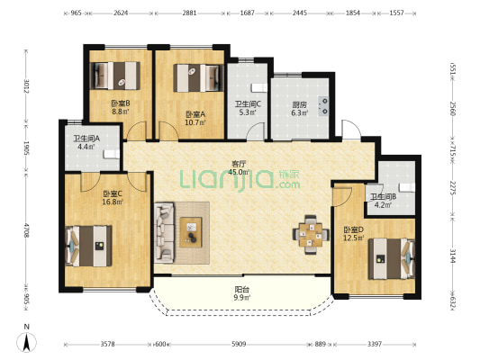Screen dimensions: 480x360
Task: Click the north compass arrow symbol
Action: click(27, 341)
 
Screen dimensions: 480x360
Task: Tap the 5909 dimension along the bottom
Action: click(239, 344)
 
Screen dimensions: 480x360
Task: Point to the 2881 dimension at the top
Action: click(189, 13)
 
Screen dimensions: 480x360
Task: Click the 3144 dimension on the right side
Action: click(452, 256)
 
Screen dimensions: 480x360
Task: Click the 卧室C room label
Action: click(113, 193)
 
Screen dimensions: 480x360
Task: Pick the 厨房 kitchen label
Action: click(299, 105)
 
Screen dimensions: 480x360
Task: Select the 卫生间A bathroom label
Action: click(86, 139)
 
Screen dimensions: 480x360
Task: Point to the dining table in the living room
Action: click(311, 235)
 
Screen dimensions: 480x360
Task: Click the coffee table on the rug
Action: click(191, 232)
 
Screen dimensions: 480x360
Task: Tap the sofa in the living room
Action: click(164, 233)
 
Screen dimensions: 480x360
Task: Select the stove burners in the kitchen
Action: click(323, 106)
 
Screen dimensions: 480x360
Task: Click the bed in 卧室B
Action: click(115, 76)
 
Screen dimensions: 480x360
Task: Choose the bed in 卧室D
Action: click(392, 259)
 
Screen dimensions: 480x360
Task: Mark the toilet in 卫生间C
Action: click(259, 88)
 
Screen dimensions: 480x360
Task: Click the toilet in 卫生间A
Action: click(112, 154)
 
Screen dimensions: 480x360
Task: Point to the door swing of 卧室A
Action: click(168, 130)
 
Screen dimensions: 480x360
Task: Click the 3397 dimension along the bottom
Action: click(375, 344)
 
